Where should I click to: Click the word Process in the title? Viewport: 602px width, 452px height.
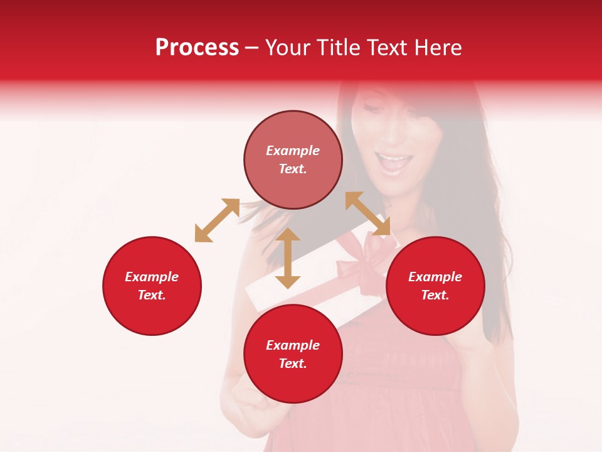point(197,48)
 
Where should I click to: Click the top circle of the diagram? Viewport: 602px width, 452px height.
point(293,159)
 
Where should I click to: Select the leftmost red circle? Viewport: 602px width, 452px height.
point(152,286)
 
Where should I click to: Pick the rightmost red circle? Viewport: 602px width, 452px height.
point(435,286)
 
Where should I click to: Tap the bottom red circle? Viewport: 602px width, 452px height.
point(293,354)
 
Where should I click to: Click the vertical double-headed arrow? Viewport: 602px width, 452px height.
point(288,258)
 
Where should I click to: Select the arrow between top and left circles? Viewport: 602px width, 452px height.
point(217,220)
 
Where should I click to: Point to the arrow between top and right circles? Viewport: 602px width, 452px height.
point(367,213)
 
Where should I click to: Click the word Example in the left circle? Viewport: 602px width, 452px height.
point(152,277)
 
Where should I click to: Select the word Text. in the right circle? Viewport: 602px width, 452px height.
point(435,295)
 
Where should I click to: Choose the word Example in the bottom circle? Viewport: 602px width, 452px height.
point(293,345)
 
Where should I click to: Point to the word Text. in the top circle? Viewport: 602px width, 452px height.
point(293,169)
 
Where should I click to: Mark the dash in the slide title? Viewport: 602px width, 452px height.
point(251,48)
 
